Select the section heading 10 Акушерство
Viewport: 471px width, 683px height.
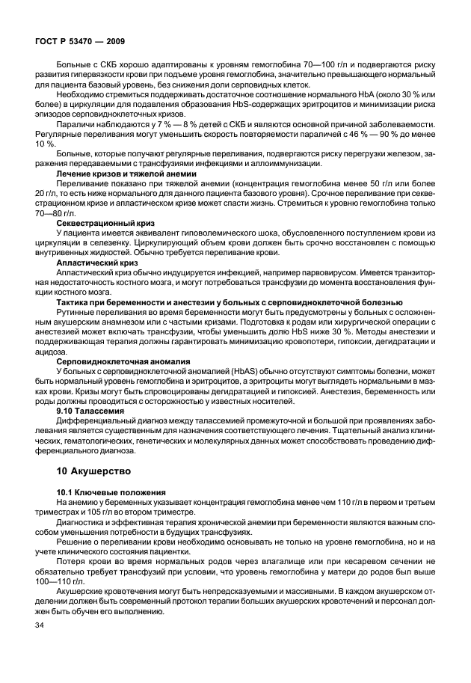click(x=93, y=471)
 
